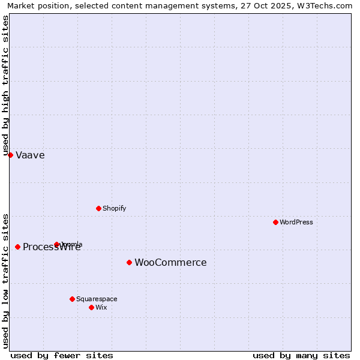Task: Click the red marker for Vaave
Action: coord(10,155)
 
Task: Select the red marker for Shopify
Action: coord(98,208)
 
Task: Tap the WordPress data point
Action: coord(275,222)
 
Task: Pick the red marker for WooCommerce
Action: coord(129,262)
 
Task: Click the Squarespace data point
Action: coord(72,299)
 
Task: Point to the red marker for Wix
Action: coord(91,307)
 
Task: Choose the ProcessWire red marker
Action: coord(17,247)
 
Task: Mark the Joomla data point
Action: coord(56,244)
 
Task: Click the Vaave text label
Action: coord(30,155)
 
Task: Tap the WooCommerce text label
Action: coord(170,263)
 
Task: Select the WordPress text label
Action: coord(296,223)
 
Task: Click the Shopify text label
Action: coord(114,209)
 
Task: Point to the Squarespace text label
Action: coord(97,299)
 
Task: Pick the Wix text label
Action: coord(101,308)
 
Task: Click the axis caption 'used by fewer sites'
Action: coord(62,355)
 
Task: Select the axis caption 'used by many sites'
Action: coord(301,355)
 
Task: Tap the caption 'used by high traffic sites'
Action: coord(6,85)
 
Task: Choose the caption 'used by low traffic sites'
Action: coord(6,281)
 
